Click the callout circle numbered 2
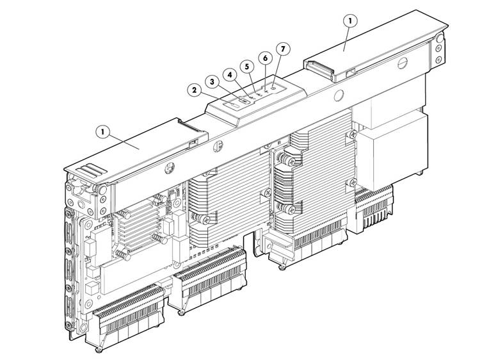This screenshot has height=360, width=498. (194, 90)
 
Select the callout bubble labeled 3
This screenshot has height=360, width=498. (212, 82)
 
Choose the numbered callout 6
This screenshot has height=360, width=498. (265, 58)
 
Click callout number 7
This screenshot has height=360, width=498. (283, 49)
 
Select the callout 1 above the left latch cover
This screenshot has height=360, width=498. (102, 131)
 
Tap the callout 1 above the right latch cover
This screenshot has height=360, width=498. (350, 21)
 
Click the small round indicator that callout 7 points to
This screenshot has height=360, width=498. (273, 86)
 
